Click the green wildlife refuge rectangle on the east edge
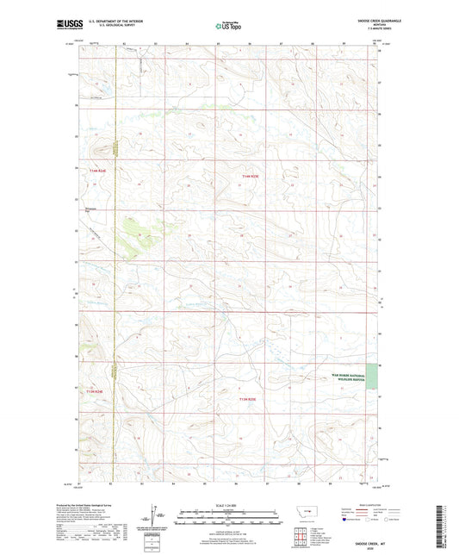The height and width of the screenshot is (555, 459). pyautogui.click(x=372, y=377)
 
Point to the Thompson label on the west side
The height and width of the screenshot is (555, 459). pyautogui.click(x=90, y=208)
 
